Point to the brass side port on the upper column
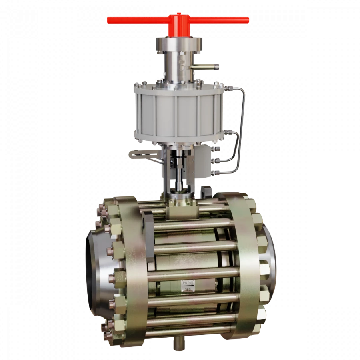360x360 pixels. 210,64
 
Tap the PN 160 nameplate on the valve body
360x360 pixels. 188,283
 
